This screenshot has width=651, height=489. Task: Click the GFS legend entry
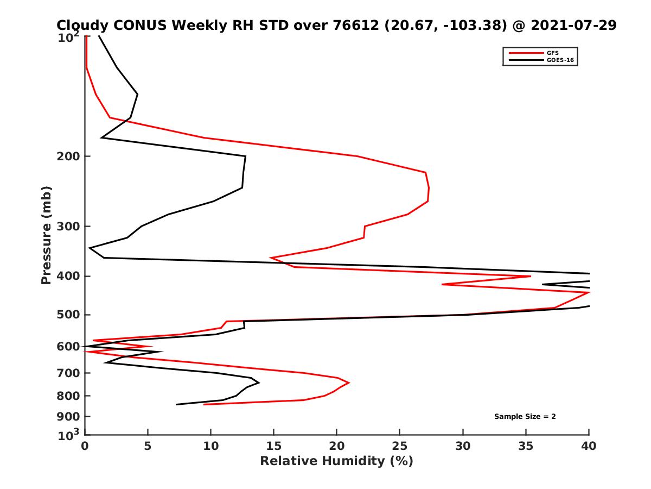553,53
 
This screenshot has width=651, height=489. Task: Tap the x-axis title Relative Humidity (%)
336,461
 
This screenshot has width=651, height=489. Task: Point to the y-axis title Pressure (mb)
46,235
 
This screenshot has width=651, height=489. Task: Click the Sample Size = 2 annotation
525,417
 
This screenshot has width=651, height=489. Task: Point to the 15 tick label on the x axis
274,446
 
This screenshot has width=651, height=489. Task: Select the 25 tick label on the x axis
400,446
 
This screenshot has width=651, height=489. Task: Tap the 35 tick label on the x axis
526,446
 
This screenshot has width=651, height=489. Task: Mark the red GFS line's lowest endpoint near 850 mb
204,404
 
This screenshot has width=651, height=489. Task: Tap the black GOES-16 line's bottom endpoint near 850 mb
176,404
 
